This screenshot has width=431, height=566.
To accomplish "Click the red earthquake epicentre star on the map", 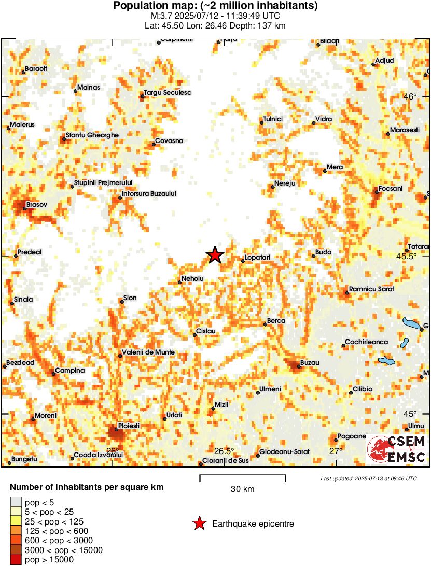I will [x=215, y=255].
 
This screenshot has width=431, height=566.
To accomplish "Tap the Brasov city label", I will [x=36, y=205].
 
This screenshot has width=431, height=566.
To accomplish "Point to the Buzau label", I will [x=310, y=362].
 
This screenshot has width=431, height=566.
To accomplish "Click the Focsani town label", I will [x=391, y=188].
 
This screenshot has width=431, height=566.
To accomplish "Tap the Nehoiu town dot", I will [x=180, y=282].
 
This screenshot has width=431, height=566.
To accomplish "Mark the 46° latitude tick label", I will [x=410, y=96].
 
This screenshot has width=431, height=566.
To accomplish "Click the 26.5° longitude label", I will [x=225, y=450].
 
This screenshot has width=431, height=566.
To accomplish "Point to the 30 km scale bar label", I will [x=243, y=489].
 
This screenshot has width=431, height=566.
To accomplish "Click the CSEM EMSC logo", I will [x=397, y=449].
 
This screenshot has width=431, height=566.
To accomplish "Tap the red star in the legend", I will [x=199, y=524].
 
